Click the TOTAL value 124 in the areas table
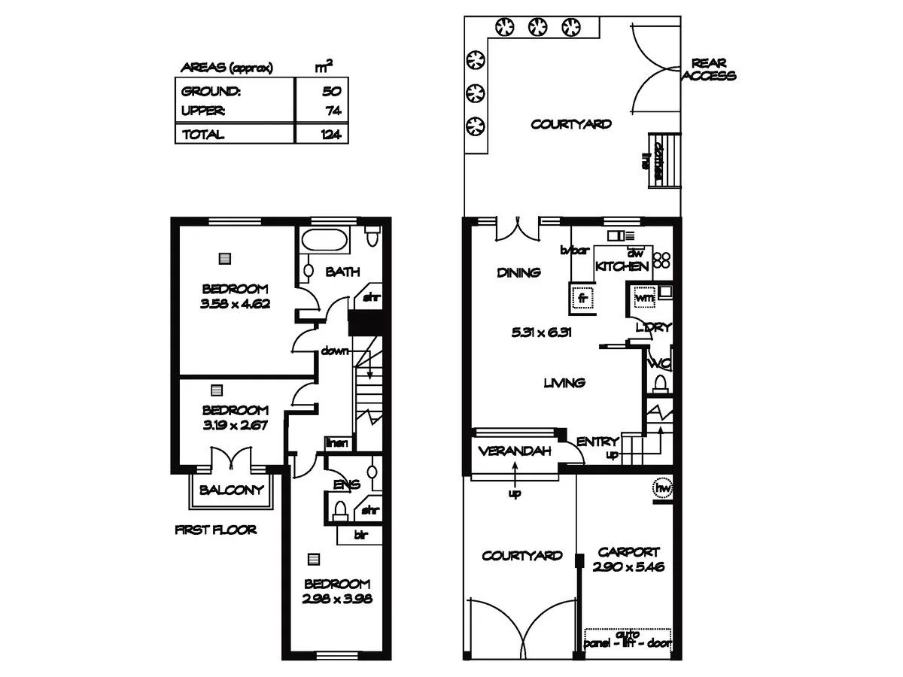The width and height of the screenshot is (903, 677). pos(330,135)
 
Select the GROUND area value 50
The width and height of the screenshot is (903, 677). pos(332,92)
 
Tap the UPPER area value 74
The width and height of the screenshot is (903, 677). pos(332,111)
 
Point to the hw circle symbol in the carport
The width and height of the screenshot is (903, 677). pos(663,488)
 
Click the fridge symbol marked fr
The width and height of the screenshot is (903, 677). pos(582,297)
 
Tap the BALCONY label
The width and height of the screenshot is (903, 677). pos(231,490)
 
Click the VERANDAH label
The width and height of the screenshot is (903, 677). pos(515,451)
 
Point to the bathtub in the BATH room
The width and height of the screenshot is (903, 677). pos(324,243)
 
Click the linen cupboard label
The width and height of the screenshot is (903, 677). pos(337,443)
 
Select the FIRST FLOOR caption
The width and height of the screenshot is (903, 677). pos(215,530)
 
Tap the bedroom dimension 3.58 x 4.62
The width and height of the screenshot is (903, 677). pos(235,305)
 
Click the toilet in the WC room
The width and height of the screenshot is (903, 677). pos(660,384)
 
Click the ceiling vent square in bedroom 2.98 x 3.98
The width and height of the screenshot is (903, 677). pos(314,560)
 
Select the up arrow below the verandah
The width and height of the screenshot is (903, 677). pos(515,476)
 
